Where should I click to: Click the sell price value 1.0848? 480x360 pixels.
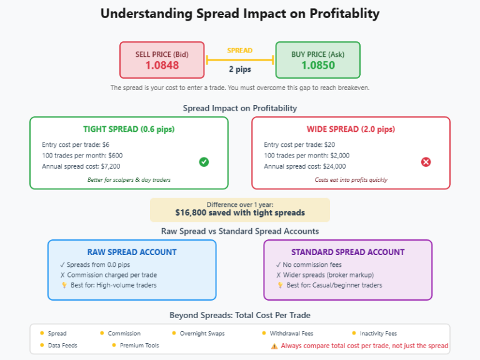pyautogui.click(x=162, y=65)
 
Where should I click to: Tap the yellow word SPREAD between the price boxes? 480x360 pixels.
pyautogui.click(x=240, y=51)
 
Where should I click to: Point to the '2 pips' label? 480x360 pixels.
pyautogui.click(x=240, y=69)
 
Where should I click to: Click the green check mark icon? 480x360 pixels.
pyautogui.click(x=204, y=162)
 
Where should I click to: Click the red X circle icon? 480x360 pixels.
pyautogui.click(x=426, y=162)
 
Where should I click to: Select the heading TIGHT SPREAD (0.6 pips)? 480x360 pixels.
pyautogui.click(x=129, y=129)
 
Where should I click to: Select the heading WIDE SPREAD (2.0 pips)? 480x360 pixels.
pyautogui.click(x=351, y=129)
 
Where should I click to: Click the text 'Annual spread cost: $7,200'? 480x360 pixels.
pyautogui.click(x=81, y=166)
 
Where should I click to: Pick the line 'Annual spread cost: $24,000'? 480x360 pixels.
pyautogui.click(x=305, y=166)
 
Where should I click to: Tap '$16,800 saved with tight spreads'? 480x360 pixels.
pyautogui.click(x=240, y=212)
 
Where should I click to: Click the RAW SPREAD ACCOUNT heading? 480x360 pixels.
pyautogui.click(x=132, y=252)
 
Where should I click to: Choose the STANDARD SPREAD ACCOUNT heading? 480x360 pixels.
pyautogui.click(x=347, y=252)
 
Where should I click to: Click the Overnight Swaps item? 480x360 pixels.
pyautogui.click(x=202, y=334)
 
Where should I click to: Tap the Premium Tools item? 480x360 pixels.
pyautogui.click(x=139, y=346)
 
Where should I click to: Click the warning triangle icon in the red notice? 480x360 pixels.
pyautogui.click(x=274, y=346)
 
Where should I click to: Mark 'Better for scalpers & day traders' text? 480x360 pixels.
pyautogui.click(x=129, y=180)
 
